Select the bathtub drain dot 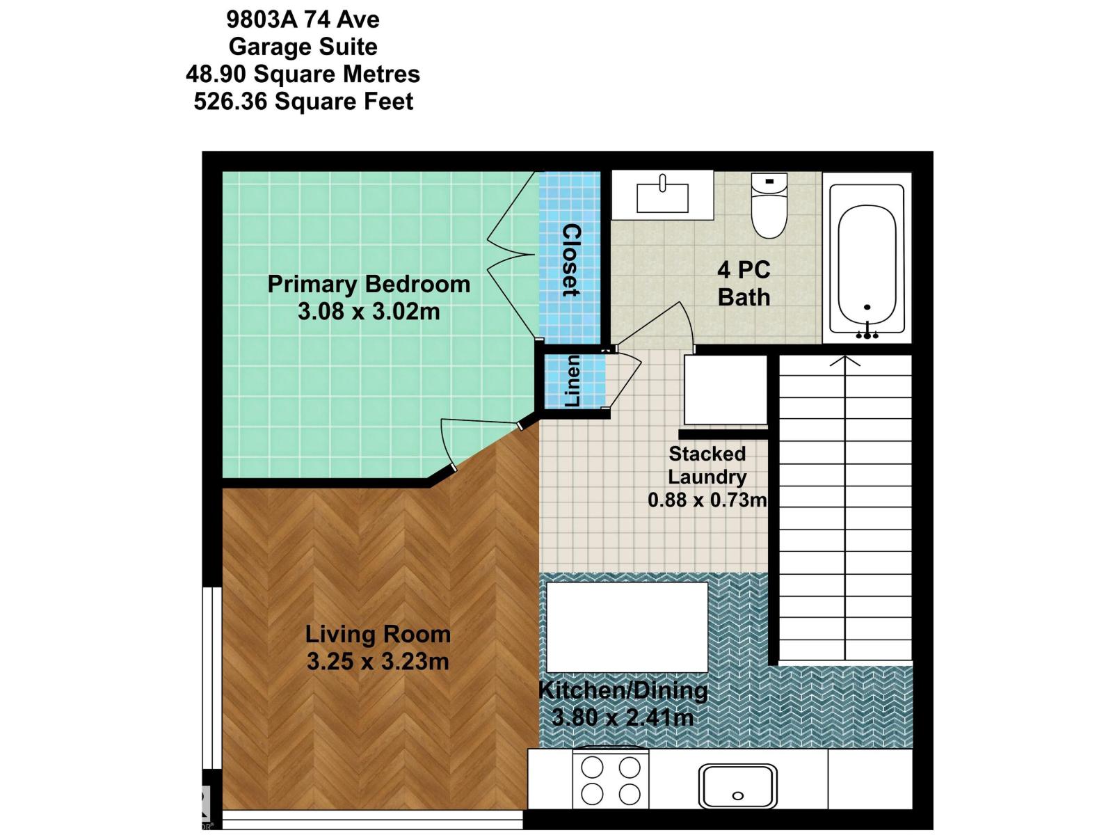pyautogui.click(x=867, y=307)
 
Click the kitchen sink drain pyautogui.click(x=738, y=795)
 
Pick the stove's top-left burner pyautogui.click(x=592, y=768)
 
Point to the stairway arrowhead pyautogui.click(x=845, y=361)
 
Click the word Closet pyautogui.click(x=570, y=260)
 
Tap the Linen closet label pyautogui.click(x=572, y=381)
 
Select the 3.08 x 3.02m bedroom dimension pyautogui.click(x=369, y=311)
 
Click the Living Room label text pyautogui.click(x=378, y=634)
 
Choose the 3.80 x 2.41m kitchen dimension pyautogui.click(x=623, y=717)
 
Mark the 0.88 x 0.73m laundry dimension pyautogui.click(x=707, y=500)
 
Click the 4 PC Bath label pyautogui.click(x=744, y=283)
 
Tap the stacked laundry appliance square pyautogui.click(x=725, y=390)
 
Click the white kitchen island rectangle pyautogui.click(x=627, y=627)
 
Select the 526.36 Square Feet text pyautogui.click(x=303, y=102)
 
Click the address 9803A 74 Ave pyautogui.click(x=303, y=19)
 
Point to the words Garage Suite pyautogui.click(x=303, y=47)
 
